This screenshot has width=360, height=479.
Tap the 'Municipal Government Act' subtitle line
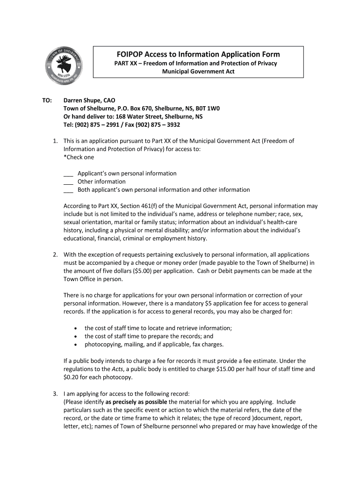[x=198, y=72]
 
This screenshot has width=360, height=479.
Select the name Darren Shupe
[x=82, y=100]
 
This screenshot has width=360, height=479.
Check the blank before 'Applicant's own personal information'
[x=68, y=174]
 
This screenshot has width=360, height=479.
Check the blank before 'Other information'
[x=68, y=182]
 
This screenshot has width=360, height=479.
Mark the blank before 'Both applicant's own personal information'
[x=68, y=190]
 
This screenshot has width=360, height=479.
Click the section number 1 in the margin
[x=55, y=141]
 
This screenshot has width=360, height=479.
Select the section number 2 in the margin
[x=55, y=255]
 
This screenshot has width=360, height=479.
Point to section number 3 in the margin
[x=55, y=394]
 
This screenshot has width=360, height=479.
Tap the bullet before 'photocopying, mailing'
[x=76, y=345]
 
